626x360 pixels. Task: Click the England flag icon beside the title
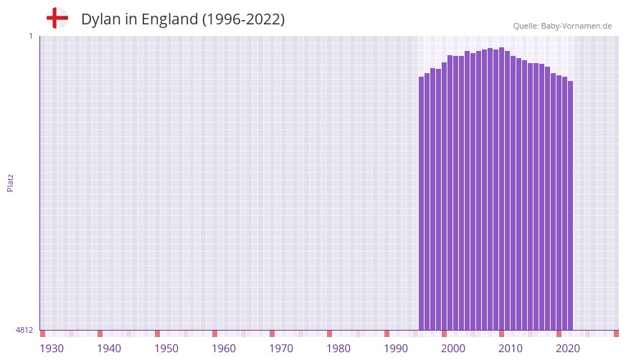tap(57, 19)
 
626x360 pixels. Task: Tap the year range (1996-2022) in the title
tap(243, 19)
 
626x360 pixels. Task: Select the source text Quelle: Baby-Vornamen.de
tap(562, 26)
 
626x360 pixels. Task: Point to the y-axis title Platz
tap(10, 182)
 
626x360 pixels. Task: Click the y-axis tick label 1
tap(30, 36)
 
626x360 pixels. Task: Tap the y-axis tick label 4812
tap(24, 330)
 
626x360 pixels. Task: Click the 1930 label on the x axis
tap(52, 349)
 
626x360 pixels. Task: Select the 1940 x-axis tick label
tap(109, 349)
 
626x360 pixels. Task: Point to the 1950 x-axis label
tap(166, 349)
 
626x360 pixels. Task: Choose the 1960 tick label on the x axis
tap(224, 349)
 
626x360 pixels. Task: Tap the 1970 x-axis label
tap(281, 349)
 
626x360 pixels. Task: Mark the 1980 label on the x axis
tap(338, 349)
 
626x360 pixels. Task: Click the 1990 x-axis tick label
tap(396, 349)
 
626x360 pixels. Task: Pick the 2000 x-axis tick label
tap(453, 349)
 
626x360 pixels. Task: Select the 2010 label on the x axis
tap(511, 349)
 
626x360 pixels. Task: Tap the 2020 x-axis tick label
tap(568, 349)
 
